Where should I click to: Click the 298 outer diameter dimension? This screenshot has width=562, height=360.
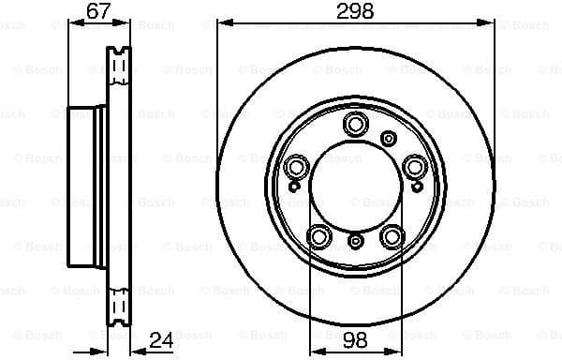tap(355, 11)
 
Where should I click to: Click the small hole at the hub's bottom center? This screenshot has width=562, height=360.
tap(355, 242)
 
